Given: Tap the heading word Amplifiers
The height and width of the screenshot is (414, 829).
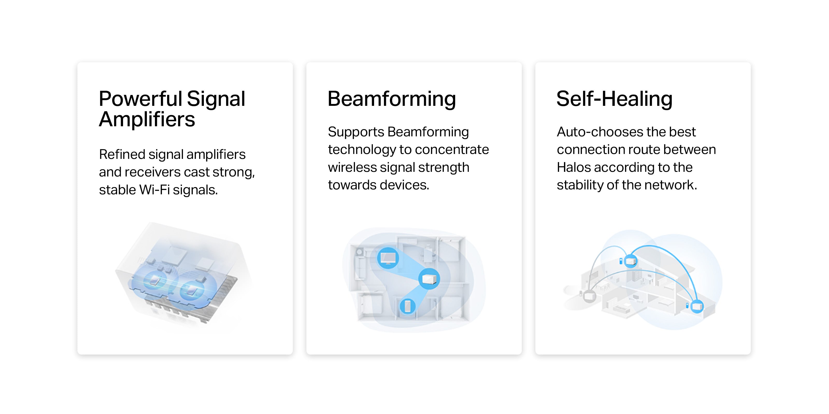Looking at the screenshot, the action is pos(147,120).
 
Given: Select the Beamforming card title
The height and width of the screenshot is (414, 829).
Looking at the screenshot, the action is pos(392,99).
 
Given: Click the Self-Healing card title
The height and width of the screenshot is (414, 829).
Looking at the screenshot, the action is pos(614,99).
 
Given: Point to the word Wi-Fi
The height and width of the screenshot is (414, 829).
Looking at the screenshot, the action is pos(154,190).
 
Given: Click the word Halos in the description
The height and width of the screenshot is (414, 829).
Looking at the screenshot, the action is pos(574,167).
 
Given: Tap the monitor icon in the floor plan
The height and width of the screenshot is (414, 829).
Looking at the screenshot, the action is pos(388,258).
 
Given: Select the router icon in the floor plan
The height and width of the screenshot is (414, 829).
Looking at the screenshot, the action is pos(429,279).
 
